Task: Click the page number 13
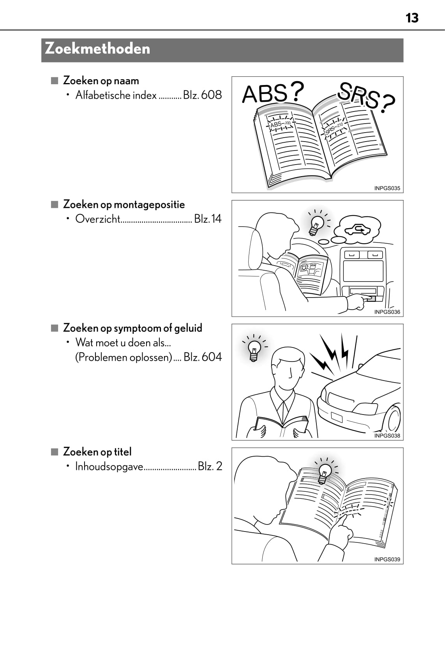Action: tap(412, 18)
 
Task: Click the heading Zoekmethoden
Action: tap(97, 49)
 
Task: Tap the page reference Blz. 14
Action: tap(208, 219)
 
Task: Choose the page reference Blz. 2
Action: tap(210, 466)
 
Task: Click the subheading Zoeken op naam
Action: tap(101, 81)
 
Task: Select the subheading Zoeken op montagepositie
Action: tap(124, 204)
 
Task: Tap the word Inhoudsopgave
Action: tap(109, 466)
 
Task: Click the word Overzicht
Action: tap(98, 219)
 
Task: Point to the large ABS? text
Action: tap(272, 93)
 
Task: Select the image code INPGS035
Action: tap(387, 188)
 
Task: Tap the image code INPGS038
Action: tap(387, 436)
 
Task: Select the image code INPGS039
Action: tap(387, 559)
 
